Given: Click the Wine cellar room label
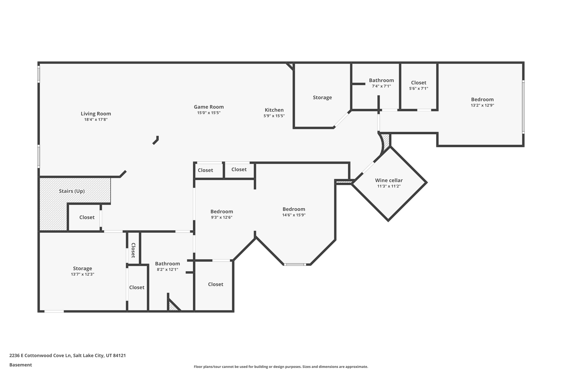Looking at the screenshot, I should tap(389, 180).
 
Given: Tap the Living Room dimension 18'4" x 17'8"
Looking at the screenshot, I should tap(96, 119).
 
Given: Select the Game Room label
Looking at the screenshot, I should tap(209, 107).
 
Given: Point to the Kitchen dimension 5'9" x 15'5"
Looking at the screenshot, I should tap(274, 116).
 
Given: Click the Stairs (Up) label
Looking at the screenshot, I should tap(72, 191).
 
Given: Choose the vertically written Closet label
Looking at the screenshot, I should tap(133, 250).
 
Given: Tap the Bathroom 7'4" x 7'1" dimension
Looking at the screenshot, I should tap(381, 86).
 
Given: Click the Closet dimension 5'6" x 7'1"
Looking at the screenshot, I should tap(418, 88).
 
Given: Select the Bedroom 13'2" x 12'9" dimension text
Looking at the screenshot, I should tap(482, 105).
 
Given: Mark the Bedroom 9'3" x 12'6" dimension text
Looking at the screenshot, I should tap(221, 217).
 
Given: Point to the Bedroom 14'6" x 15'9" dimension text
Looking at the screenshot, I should tap(294, 215).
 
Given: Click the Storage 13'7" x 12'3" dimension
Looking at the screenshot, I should tap(82, 274).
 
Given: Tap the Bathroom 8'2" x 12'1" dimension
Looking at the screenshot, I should tap(167, 269).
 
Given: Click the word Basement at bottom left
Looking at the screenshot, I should tap(21, 365).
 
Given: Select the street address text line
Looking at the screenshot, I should tap(68, 356).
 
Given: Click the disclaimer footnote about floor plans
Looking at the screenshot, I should tap(281, 367).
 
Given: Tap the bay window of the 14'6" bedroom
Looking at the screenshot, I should tap(295, 264).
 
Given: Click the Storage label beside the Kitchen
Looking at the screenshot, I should tap(322, 97).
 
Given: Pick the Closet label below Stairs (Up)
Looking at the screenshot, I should tap(87, 217).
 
